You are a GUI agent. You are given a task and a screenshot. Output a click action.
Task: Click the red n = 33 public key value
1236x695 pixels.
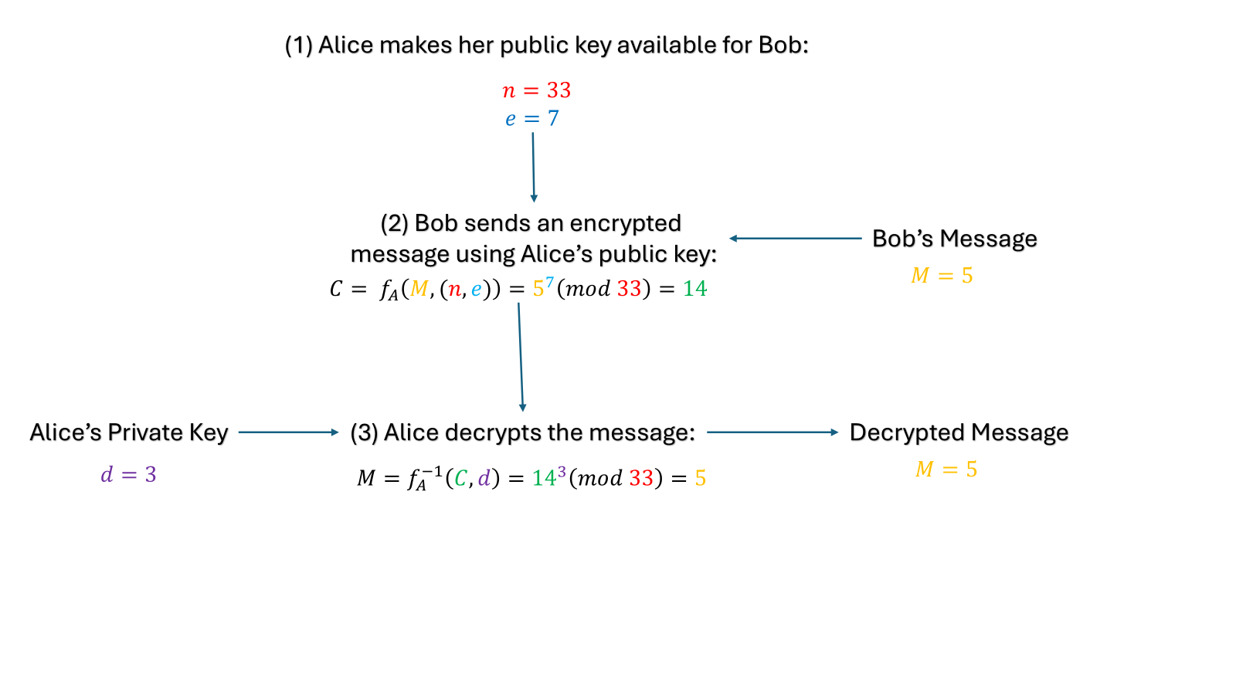click(536, 90)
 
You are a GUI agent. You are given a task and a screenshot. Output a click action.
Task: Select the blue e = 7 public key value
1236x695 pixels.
click(531, 119)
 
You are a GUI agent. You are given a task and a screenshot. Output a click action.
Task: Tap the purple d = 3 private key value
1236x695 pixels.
click(128, 474)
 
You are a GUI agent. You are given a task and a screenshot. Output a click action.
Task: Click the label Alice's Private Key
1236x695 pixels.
click(129, 432)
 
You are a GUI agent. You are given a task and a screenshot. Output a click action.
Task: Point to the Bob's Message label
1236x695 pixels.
click(954, 239)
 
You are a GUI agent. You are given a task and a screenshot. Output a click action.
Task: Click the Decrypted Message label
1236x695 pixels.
click(959, 432)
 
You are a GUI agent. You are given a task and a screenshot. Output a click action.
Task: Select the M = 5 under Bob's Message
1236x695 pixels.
click(942, 276)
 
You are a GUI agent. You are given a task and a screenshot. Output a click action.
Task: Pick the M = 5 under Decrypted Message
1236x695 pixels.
click(946, 470)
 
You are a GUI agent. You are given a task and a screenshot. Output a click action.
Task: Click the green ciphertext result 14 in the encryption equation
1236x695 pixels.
click(694, 289)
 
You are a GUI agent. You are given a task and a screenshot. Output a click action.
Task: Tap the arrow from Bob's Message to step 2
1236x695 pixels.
click(796, 239)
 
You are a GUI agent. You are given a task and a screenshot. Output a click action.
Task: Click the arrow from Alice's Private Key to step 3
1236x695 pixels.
click(289, 432)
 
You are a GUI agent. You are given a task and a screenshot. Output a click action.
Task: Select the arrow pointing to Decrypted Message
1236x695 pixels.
click(772, 432)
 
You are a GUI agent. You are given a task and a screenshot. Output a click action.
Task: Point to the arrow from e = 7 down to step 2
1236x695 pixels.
click(533, 167)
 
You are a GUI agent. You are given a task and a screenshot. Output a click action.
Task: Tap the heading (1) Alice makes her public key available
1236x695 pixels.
click(546, 45)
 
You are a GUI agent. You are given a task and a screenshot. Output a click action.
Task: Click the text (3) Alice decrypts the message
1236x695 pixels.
click(522, 432)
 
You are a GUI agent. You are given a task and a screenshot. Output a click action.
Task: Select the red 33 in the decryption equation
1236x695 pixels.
click(641, 478)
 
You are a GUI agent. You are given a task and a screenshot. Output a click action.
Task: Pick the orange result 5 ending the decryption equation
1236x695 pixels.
click(700, 478)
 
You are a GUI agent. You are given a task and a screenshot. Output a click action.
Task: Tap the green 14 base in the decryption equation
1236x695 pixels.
click(544, 479)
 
